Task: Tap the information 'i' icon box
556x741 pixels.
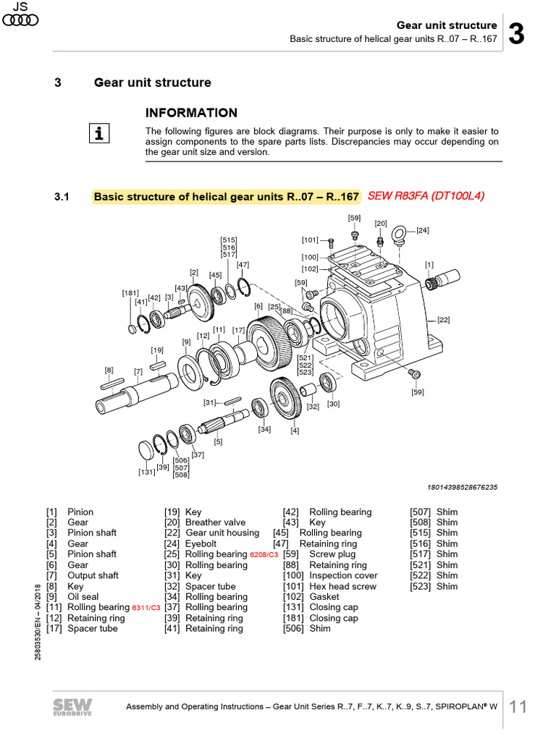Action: [x=101, y=133]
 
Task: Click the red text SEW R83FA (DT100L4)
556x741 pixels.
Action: [x=426, y=196]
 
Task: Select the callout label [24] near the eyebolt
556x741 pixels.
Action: [x=422, y=231]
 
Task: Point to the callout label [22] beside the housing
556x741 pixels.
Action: [x=443, y=319]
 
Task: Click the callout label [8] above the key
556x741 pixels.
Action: [x=109, y=370]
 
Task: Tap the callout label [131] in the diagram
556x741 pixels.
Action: [x=148, y=472]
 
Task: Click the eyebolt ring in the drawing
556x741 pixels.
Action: [x=399, y=235]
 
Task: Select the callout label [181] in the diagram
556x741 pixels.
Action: [x=130, y=293]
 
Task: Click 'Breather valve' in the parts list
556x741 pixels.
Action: [x=215, y=522]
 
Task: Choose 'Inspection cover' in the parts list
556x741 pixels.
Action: [x=343, y=576]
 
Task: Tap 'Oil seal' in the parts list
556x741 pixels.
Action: [x=83, y=587]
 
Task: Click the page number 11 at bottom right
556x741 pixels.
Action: [x=518, y=707]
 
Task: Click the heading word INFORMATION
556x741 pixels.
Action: [x=191, y=113]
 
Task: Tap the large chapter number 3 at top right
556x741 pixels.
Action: [x=517, y=33]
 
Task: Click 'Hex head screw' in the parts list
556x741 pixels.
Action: [x=342, y=587]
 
